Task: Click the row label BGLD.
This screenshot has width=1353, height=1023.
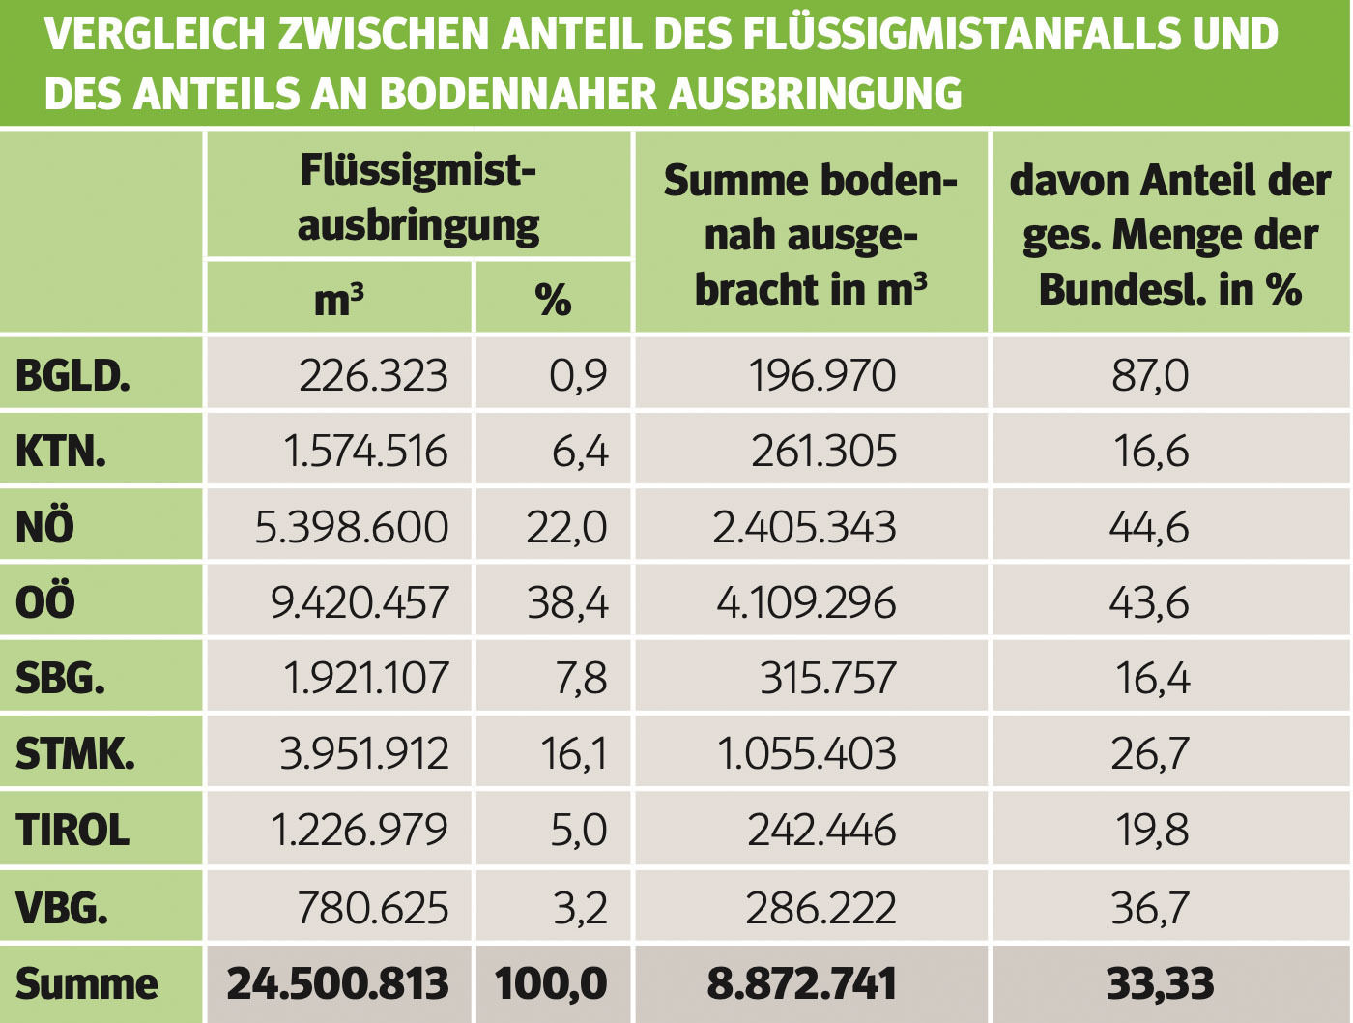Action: (x=72, y=375)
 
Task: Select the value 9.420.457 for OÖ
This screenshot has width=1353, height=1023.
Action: (x=360, y=602)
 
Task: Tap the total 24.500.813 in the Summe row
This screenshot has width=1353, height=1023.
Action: (x=337, y=984)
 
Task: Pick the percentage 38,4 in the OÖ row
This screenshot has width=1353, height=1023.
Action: (x=567, y=602)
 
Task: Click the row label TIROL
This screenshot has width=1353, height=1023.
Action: (x=72, y=831)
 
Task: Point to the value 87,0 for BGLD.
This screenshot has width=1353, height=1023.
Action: (x=1150, y=375)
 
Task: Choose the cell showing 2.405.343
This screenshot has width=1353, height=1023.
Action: (x=804, y=527)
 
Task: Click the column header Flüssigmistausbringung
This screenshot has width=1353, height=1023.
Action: (x=418, y=197)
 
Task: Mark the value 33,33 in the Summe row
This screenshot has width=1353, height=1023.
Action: (x=1160, y=984)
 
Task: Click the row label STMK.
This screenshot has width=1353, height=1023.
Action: (x=75, y=753)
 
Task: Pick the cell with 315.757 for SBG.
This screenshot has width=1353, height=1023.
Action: (x=827, y=678)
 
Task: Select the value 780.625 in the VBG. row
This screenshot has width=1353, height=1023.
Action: (x=373, y=908)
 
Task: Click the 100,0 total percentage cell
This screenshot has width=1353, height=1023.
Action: (x=551, y=984)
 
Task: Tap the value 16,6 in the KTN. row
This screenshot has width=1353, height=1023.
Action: (x=1151, y=452)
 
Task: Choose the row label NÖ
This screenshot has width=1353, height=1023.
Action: (x=44, y=527)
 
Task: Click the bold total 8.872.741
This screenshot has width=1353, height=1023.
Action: (x=802, y=984)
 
